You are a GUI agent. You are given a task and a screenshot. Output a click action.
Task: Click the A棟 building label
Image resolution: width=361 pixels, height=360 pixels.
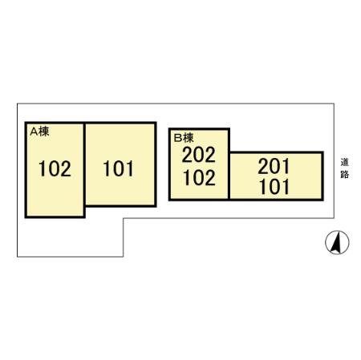click(x=39, y=131)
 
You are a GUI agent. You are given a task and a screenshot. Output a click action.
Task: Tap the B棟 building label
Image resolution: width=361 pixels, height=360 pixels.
click(x=184, y=138)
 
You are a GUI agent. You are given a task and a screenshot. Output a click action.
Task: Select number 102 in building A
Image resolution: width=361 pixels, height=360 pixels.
click(x=55, y=168)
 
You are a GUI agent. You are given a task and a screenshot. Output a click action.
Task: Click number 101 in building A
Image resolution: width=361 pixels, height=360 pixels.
click(x=119, y=168)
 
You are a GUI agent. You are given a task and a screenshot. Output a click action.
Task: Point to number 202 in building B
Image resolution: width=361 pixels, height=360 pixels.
click(x=198, y=155)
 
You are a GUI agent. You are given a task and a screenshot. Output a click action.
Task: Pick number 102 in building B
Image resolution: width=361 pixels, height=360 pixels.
click(x=199, y=178)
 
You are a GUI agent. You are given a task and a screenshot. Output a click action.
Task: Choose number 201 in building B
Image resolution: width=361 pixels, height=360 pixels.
click(x=274, y=166)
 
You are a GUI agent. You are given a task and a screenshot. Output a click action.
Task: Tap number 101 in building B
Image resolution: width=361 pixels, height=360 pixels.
click(x=274, y=187)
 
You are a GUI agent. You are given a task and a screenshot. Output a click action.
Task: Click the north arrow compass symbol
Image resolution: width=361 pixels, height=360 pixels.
click(x=337, y=242)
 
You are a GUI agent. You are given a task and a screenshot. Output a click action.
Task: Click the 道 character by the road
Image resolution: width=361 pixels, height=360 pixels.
click(x=345, y=162)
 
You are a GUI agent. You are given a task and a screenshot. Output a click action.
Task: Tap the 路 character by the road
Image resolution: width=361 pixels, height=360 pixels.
click(x=345, y=174)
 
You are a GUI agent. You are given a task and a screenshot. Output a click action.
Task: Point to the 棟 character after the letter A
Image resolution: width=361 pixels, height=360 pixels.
click(x=44, y=131)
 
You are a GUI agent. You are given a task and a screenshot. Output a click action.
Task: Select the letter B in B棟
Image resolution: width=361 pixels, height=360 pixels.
click(x=178, y=138)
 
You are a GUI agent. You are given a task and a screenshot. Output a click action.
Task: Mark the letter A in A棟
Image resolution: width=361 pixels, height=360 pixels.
click(x=34, y=131)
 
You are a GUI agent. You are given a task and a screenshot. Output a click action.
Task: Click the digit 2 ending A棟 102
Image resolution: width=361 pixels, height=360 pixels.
click(x=66, y=168)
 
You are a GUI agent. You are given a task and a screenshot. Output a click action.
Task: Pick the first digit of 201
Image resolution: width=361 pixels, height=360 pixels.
click(x=263, y=166)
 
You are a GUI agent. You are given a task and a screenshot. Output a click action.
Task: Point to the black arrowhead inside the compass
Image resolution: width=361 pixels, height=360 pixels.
click(x=335, y=243)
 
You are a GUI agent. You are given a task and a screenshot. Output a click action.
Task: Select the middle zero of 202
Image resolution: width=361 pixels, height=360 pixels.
click(x=199, y=155)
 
